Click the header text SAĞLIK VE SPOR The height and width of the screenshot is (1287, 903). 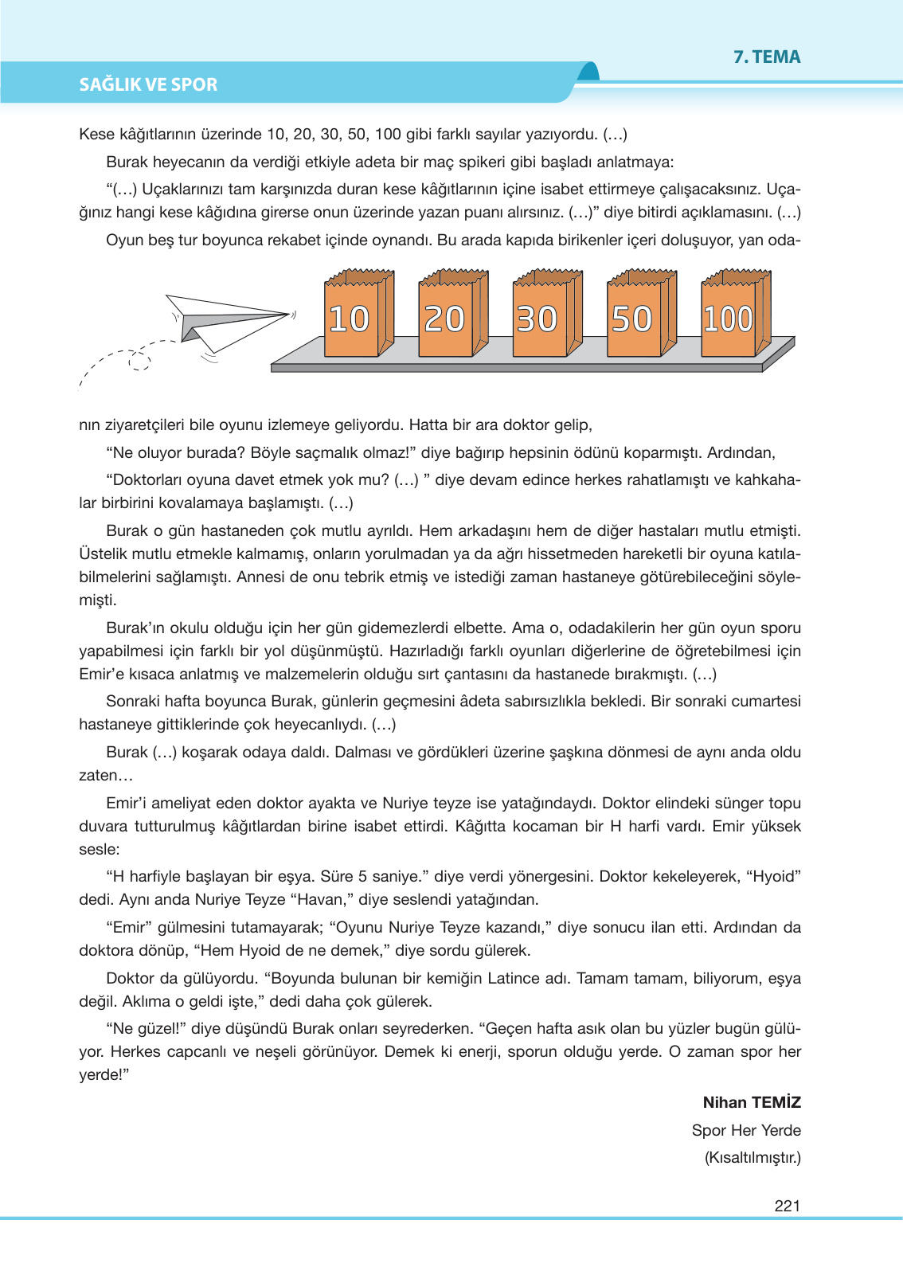click(x=148, y=84)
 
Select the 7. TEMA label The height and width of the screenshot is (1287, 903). click(x=767, y=57)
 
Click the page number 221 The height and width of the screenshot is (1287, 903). click(x=787, y=1206)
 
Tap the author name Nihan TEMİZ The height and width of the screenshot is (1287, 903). click(x=751, y=1102)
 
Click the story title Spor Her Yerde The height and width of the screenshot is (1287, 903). click(x=745, y=1130)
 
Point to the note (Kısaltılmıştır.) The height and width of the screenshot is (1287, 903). click(x=752, y=1157)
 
